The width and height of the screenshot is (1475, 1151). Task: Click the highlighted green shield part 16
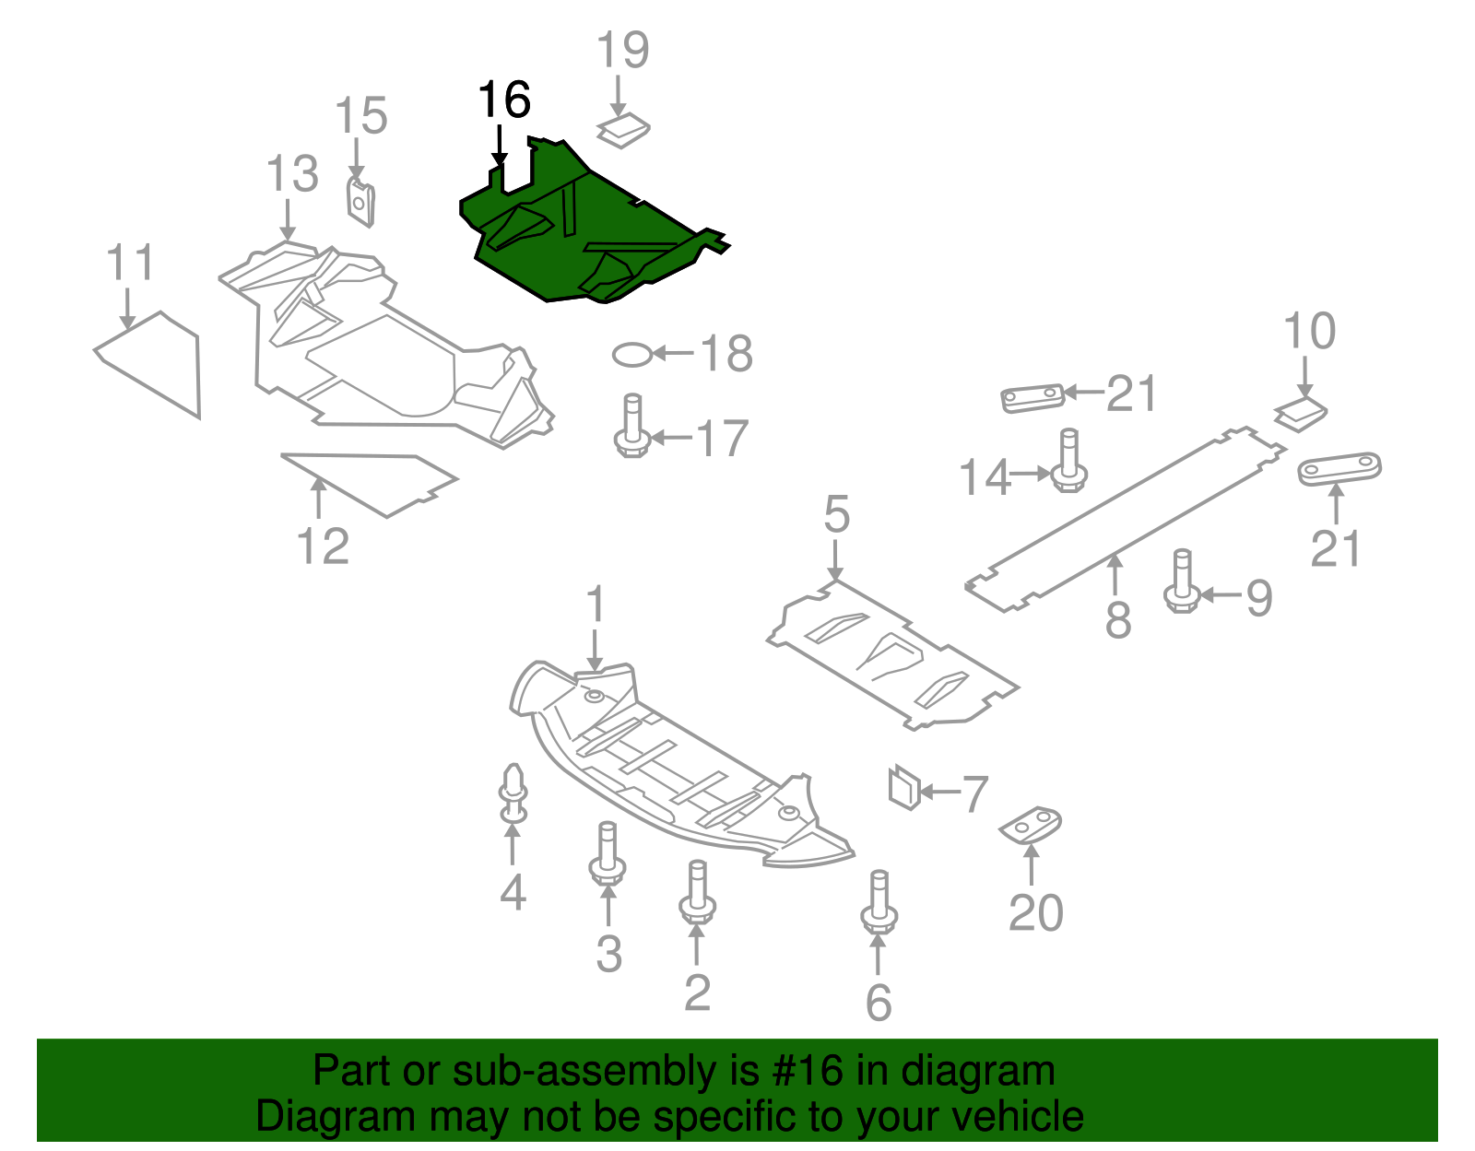coord(590,235)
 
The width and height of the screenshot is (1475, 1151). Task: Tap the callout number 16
coord(505,100)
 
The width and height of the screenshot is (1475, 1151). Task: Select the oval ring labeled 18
coord(632,354)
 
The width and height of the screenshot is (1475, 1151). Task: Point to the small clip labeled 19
coord(623,131)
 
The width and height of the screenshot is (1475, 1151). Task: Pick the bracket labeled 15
coord(360,202)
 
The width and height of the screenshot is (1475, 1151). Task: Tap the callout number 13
coord(292,174)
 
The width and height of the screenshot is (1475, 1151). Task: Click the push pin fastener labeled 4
coord(513,793)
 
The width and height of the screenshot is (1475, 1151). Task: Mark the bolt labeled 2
coord(698,891)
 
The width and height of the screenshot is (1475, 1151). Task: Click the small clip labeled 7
coord(904,787)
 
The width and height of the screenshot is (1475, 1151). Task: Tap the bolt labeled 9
coord(1183,581)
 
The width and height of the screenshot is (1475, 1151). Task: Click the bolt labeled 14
coord(1068,460)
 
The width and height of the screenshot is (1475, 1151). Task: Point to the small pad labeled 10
coord(1302,413)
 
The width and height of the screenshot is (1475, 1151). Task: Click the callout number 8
coord(1117,619)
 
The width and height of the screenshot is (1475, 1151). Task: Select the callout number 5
coord(836,514)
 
